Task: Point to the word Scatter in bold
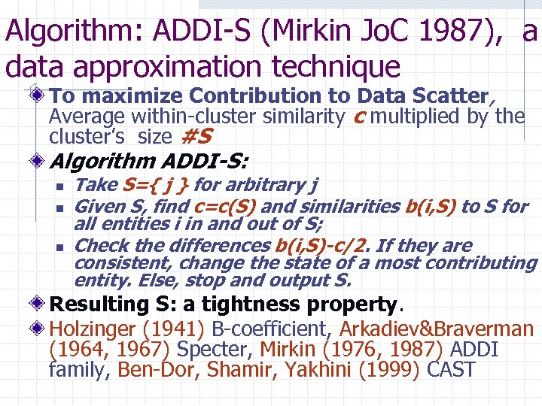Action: pyautogui.click(x=450, y=96)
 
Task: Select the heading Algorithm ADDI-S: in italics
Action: pyautogui.click(x=151, y=162)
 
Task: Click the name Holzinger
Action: pyautogui.click(x=95, y=329)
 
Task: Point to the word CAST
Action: pyautogui.click(x=450, y=370)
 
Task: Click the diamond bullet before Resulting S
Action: pyautogui.click(x=38, y=304)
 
